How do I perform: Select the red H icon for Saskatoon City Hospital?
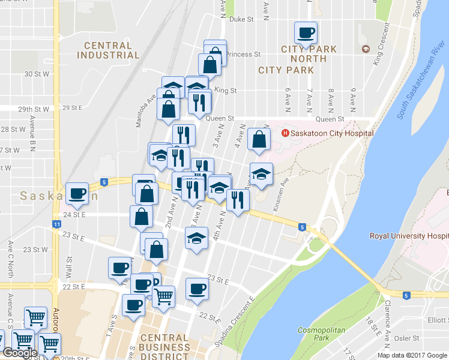click(x=285, y=133)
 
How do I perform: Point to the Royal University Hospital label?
click(x=408, y=236)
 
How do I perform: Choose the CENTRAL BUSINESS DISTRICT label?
click(x=164, y=347)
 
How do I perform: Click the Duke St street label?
click(x=242, y=19)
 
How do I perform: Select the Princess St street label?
click(x=243, y=54)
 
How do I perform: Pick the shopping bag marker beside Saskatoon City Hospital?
click(x=259, y=139)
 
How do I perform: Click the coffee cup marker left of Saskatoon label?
click(x=77, y=193)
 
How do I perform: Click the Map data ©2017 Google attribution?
click(x=412, y=355)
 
